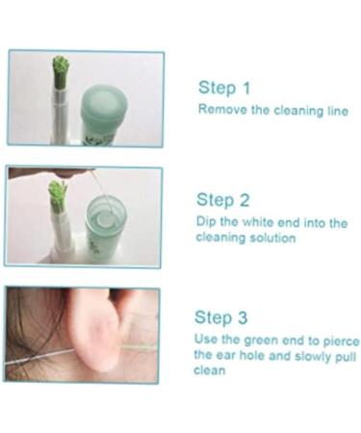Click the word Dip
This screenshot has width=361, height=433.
point(206,222)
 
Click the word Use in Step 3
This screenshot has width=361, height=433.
point(207,340)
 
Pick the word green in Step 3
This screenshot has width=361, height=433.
point(261,340)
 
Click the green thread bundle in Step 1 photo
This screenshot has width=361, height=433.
point(60,67)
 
